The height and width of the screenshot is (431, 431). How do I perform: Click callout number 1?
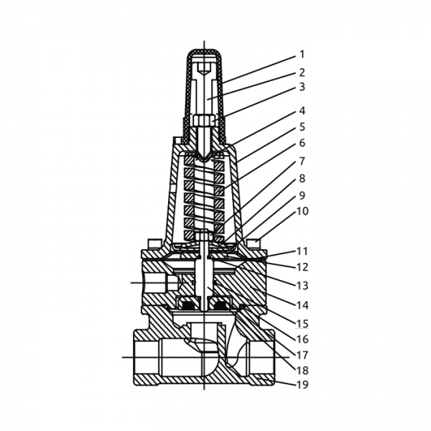pyautogui.click(x=302, y=55)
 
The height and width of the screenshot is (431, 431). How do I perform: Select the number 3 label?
pyautogui.click(x=302, y=88)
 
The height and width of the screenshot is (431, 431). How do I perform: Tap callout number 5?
pyautogui.click(x=302, y=127)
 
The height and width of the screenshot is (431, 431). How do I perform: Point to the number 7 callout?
pyautogui.click(x=302, y=161)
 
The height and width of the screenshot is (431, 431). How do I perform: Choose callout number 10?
pyautogui.click(x=302, y=211)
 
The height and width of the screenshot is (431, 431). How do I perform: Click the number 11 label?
pyautogui.click(x=302, y=251)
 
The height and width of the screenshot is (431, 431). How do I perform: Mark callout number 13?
pyautogui.click(x=302, y=285)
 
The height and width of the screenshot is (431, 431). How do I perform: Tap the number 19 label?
pyautogui.click(x=302, y=386)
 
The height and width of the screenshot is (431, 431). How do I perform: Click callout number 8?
pyautogui.click(x=302, y=177)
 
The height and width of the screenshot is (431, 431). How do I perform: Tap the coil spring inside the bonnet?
pyautogui.click(x=205, y=198)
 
